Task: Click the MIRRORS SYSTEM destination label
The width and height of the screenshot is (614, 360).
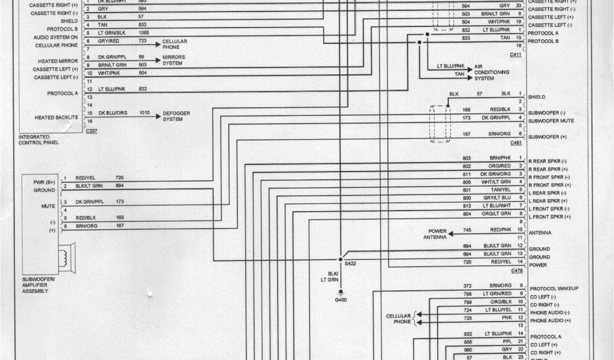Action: click(173, 60)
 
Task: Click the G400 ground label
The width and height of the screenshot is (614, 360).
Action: click(341, 299)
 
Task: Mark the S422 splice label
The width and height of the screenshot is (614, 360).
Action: click(350, 263)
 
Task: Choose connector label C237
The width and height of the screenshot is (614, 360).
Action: click(91, 130)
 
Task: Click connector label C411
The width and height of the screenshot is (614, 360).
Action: click(516, 54)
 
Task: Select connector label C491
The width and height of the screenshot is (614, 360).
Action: click(516, 143)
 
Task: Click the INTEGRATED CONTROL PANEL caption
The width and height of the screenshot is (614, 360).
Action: click(38, 140)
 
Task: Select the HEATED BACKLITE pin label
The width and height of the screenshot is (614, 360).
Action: click(56, 118)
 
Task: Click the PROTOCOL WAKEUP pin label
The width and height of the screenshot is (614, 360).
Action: click(554, 289)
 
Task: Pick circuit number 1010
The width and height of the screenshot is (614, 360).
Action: click(145, 113)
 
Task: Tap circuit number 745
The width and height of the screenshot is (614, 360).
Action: click(467, 230)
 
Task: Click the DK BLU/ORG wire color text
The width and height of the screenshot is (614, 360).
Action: click(112, 113)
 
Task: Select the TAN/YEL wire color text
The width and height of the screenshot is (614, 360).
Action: click(501, 190)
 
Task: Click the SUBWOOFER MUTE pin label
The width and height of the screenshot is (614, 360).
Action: click(551, 121)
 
